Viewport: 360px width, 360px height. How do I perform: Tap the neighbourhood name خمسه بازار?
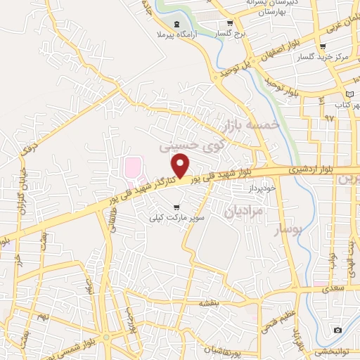point(251,124)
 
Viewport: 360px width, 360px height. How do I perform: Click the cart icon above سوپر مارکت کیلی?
point(176,207)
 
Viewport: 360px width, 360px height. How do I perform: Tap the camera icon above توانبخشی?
point(338,330)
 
